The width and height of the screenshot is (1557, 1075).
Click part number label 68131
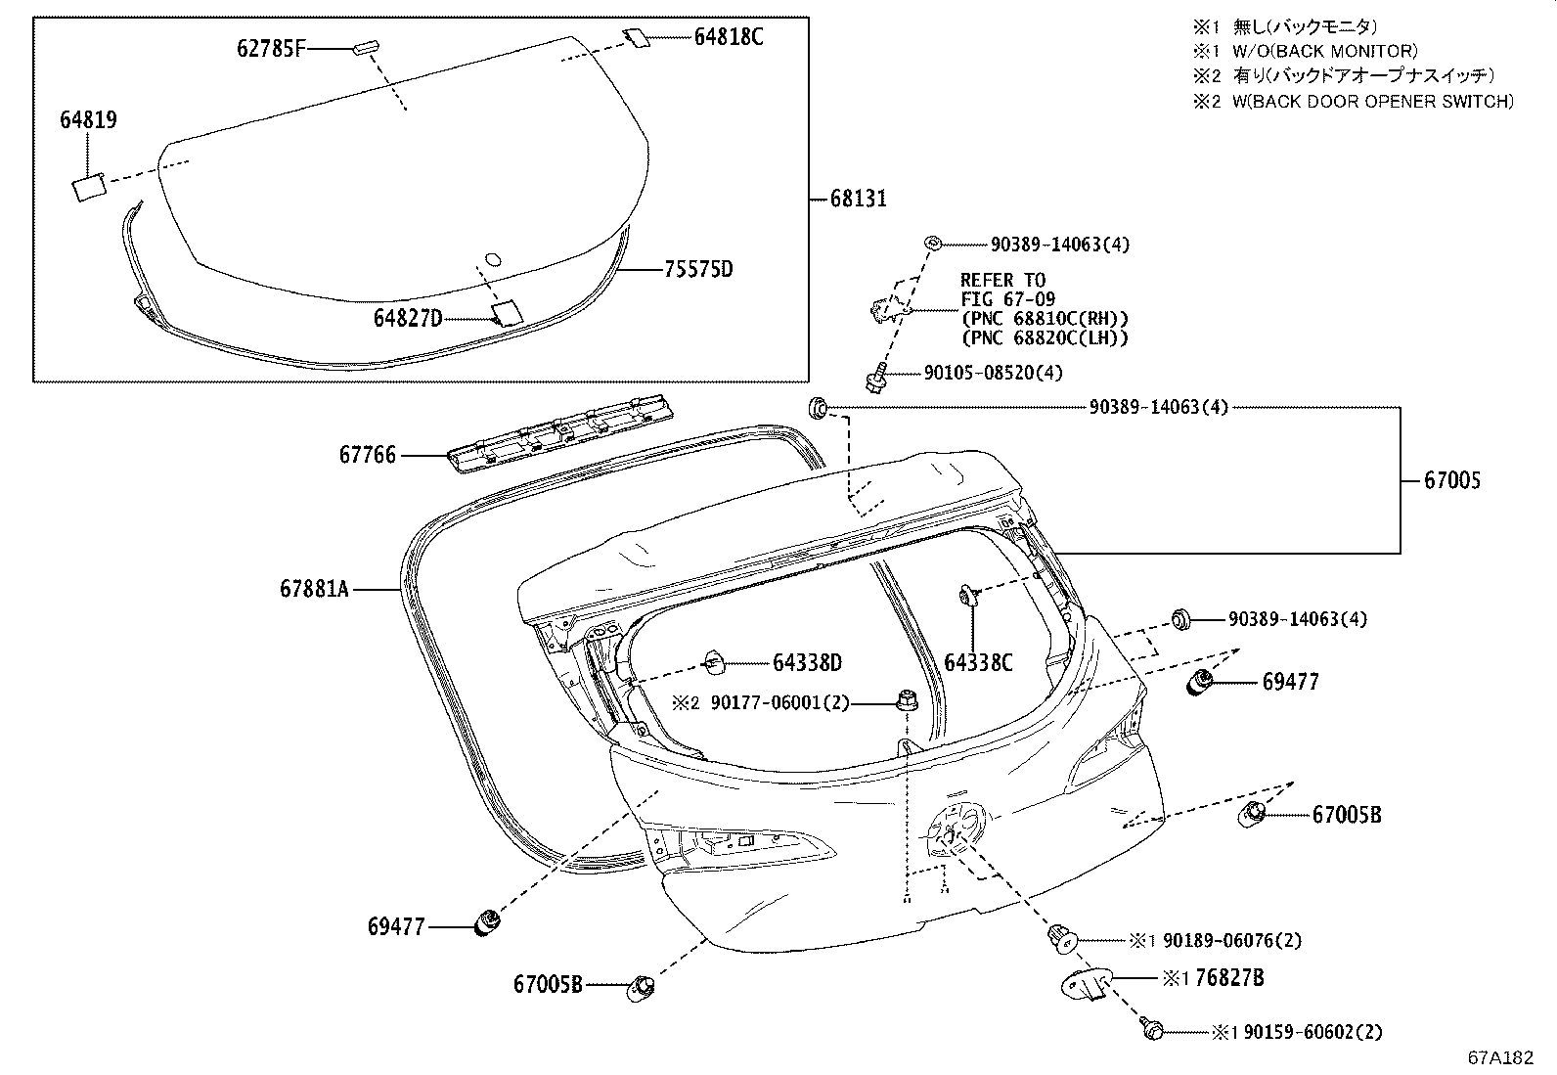(858, 199)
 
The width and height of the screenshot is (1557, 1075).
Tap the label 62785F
(270, 47)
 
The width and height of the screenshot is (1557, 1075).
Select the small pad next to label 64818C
(636, 37)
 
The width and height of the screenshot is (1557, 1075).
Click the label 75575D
(697, 269)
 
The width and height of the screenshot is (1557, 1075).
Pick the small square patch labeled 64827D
(508, 312)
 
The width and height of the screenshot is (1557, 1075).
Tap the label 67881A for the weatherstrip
(313, 589)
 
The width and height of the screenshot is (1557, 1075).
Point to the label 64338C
(978, 663)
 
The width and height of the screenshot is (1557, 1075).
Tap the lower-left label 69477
(396, 926)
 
